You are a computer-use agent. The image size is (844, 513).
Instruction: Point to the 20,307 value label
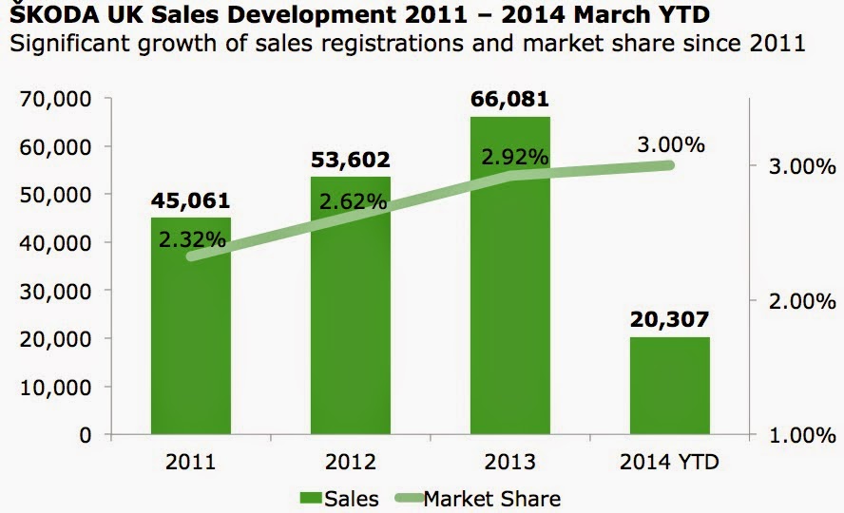669,320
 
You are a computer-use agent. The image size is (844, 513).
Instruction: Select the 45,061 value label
191,200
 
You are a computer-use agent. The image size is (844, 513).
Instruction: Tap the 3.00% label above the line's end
671,144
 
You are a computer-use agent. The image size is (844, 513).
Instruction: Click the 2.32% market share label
193,239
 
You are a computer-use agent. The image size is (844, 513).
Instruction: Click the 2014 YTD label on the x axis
669,463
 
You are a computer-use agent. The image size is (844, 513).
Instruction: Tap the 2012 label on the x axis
351,463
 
